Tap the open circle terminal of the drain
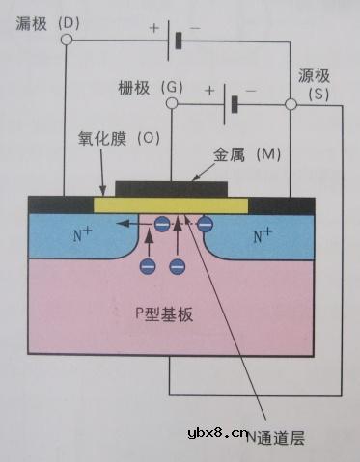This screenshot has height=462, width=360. pyautogui.click(x=65, y=41)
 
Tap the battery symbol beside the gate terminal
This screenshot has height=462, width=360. pyautogui.click(x=231, y=101)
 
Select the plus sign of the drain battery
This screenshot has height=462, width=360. pyautogui.click(x=153, y=28)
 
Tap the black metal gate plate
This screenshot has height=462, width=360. pyautogui.click(x=173, y=186)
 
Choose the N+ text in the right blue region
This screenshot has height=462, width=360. pyautogui.click(x=263, y=234)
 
